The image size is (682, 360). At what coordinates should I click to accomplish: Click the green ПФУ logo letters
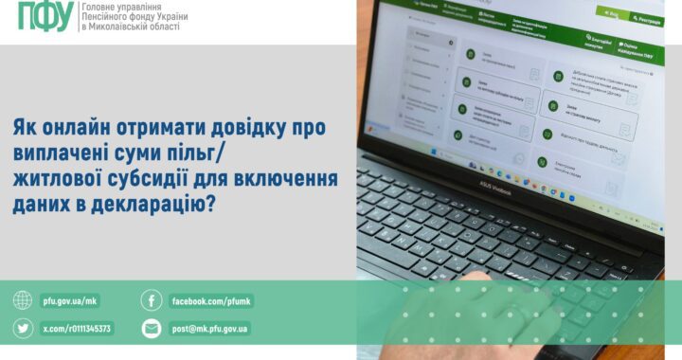(x=45, y=17)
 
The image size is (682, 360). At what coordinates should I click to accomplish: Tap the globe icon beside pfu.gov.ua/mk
(x=22, y=301)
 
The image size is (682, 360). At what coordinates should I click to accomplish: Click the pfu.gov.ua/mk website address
(x=70, y=301)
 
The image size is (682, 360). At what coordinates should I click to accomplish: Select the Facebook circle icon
(x=151, y=301)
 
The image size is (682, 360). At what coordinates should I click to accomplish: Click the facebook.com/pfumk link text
(x=210, y=301)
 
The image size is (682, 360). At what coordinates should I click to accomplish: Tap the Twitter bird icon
(x=22, y=329)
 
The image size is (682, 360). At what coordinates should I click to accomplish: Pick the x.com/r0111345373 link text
(x=77, y=329)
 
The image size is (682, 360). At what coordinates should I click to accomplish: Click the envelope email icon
(x=151, y=329)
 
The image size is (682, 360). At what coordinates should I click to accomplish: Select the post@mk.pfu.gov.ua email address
(x=209, y=329)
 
